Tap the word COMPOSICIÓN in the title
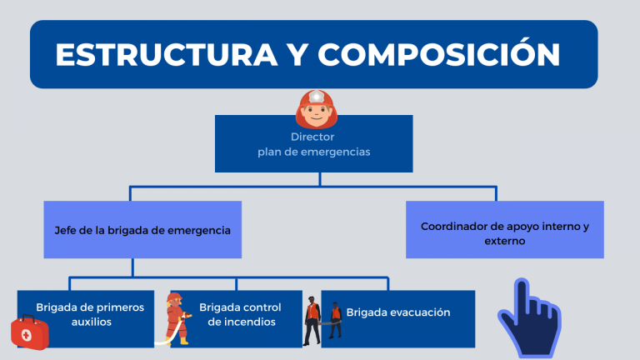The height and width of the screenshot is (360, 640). click(438, 54)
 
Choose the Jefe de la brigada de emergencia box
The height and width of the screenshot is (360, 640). click(142, 229)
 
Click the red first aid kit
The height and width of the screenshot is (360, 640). click(30, 332)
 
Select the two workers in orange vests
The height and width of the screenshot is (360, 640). click(322, 319)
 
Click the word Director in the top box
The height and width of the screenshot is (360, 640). click(312, 137)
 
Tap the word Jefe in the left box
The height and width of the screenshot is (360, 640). click(65, 229)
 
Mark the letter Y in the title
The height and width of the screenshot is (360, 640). click(295, 54)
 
